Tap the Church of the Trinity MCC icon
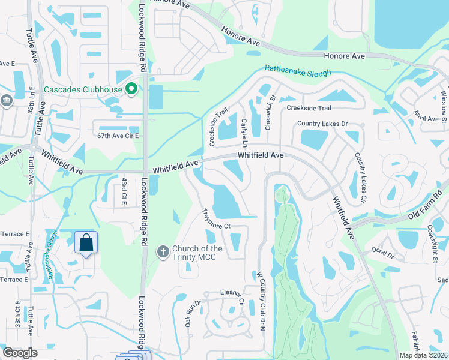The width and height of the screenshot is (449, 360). (161, 252)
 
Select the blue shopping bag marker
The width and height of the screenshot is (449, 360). (86, 243)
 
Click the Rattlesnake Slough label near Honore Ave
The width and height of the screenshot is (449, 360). (298, 72)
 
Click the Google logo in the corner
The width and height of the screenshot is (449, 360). (20, 353)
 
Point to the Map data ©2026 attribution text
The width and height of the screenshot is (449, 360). (423, 355)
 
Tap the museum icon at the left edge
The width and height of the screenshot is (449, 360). (6, 100)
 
